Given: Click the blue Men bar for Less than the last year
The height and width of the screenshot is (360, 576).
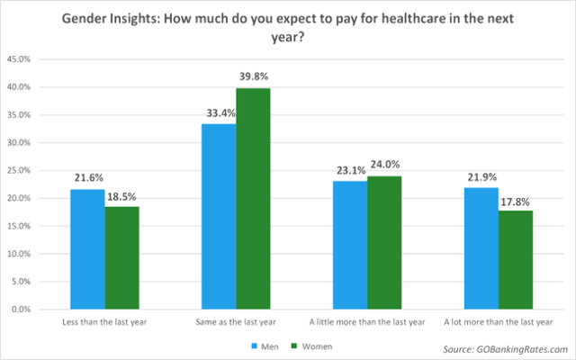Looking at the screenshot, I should (x=87, y=249).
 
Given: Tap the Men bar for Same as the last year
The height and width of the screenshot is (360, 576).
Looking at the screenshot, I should (x=219, y=216).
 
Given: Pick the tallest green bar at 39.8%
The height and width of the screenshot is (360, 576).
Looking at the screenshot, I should (x=253, y=199).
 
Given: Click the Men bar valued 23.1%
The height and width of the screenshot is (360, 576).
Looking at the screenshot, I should (x=350, y=245).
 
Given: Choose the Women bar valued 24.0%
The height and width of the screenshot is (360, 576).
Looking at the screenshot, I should (x=384, y=242).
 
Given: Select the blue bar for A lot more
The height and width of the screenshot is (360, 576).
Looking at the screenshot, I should (x=481, y=248).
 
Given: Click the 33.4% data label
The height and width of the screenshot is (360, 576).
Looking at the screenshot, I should (x=219, y=113).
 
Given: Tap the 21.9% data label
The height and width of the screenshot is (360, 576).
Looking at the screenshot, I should (x=481, y=177).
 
